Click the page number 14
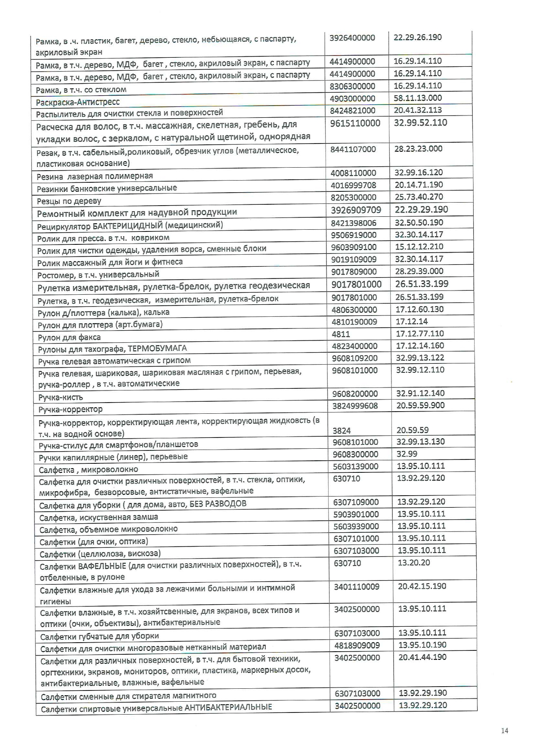(x=505, y=731)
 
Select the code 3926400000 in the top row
(x=352, y=37)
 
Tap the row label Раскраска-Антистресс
(x=78, y=102)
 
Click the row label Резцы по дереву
(x=69, y=201)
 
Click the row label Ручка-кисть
(x=61, y=397)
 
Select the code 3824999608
(x=355, y=406)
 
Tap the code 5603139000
(x=356, y=466)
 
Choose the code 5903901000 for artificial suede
(x=356, y=514)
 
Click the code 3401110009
(x=357, y=587)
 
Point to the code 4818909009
(x=357, y=645)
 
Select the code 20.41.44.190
(x=422, y=657)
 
